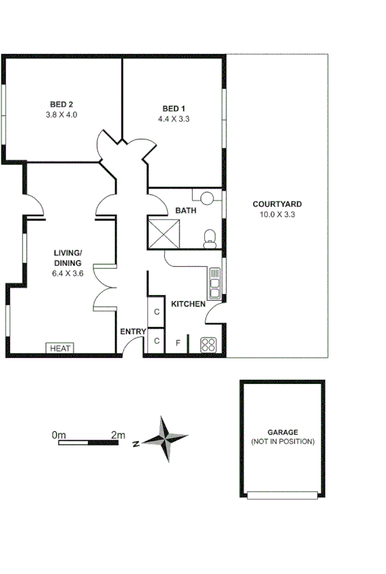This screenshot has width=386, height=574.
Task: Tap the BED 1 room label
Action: pyautogui.click(x=173, y=109)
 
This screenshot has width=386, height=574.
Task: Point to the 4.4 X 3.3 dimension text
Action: pyautogui.click(x=173, y=119)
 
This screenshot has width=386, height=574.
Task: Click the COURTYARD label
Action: pyautogui.click(x=277, y=204)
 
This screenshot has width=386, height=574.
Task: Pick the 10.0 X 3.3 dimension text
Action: pyautogui.click(x=277, y=214)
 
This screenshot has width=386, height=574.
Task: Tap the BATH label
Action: pyautogui.click(x=186, y=211)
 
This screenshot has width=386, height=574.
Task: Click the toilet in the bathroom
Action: pyautogui.click(x=209, y=238)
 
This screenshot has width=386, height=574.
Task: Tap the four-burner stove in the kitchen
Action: pyautogui.click(x=209, y=345)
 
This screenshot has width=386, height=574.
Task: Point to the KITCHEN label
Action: pyautogui.click(x=188, y=304)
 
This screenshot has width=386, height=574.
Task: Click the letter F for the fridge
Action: pyautogui.click(x=178, y=343)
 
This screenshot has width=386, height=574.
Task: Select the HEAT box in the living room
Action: pyautogui.click(x=60, y=349)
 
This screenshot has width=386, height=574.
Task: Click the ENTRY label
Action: pyautogui.click(x=133, y=331)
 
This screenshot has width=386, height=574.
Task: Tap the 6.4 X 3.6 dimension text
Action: pyautogui.click(x=68, y=272)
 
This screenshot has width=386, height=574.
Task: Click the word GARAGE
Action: pyautogui.click(x=282, y=432)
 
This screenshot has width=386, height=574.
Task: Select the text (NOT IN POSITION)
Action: pyautogui.click(x=282, y=442)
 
